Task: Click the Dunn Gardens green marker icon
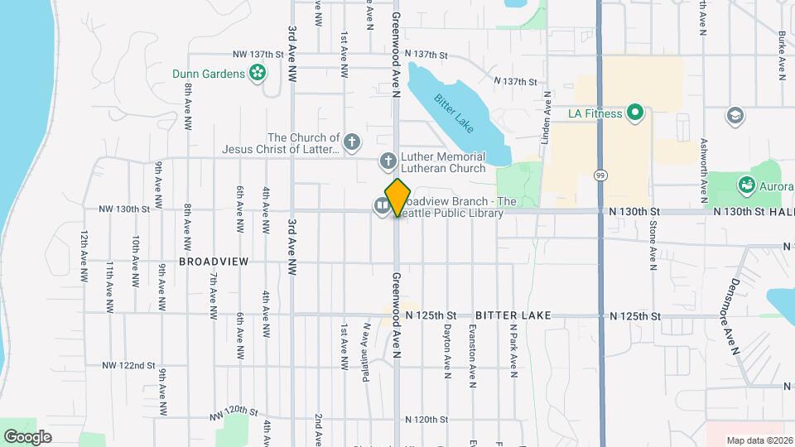coord(258,74)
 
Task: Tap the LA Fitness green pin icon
coord(635,113)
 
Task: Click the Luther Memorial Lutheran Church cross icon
coord(387,160)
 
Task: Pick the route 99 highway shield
coord(600,175)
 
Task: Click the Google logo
coord(27,436)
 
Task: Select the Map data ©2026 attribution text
coord(758,440)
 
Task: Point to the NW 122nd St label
coord(129,365)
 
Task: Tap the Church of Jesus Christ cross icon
coord(351,142)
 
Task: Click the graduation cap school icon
coord(733,114)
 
